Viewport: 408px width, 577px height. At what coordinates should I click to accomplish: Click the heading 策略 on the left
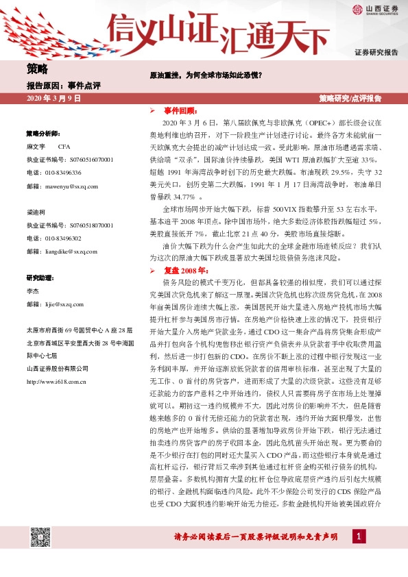click(38, 69)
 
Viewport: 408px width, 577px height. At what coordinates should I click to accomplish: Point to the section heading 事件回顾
click(180, 110)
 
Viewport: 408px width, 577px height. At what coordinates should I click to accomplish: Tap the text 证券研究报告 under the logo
click(376, 53)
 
